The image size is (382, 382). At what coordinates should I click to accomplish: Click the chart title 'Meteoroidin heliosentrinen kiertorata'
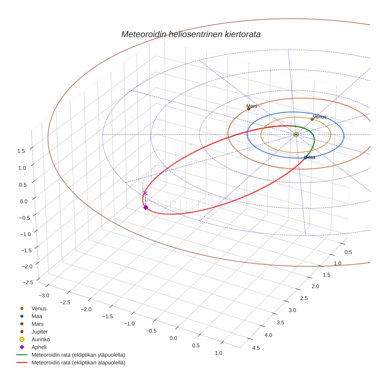coord(191,34)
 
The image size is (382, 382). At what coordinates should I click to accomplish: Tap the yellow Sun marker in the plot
coord(296,134)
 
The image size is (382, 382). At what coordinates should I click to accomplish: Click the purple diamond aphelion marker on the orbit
coord(146,207)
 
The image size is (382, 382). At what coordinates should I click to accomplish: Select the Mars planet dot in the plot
coord(248,109)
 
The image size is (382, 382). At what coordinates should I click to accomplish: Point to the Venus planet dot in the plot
coord(312,119)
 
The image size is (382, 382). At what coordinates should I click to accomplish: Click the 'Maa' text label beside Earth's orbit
coord(311,157)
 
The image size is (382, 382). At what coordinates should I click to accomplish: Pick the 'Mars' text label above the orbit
coord(252,106)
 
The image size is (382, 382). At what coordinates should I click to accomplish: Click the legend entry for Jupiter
coord(39,332)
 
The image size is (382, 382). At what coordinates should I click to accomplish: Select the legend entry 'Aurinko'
coord(40,339)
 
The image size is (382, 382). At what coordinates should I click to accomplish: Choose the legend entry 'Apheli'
coord(39,347)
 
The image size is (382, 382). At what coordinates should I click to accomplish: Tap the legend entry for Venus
coord(39,308)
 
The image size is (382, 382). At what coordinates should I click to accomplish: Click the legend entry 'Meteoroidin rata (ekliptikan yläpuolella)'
coord(78,355)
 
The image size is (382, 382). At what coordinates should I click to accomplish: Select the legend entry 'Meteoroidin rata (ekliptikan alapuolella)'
coord(78,363)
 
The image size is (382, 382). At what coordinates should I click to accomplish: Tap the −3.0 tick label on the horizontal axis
coord(43,295)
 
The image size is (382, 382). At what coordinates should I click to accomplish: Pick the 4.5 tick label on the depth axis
coord(256,348)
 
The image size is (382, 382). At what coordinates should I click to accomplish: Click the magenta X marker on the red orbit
coord(146,193)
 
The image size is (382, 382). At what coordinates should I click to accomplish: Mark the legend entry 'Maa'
coord(36,316)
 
